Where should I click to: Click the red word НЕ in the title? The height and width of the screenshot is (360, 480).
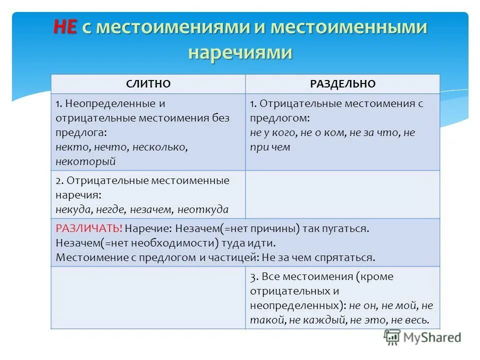point(64,27)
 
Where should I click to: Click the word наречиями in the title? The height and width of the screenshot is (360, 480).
point(239,52)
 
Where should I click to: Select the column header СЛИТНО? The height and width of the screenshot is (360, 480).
point(148,84)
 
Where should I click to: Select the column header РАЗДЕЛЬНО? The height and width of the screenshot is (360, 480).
point(342,84)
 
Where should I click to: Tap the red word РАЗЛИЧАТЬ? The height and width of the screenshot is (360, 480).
point(89,228)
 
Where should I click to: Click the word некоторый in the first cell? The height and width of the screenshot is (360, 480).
point(85,161)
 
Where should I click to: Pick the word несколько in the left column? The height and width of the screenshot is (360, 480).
point(161,147)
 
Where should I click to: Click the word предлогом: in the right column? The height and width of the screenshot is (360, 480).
point(279,118)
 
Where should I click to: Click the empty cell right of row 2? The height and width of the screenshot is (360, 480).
point(342,194)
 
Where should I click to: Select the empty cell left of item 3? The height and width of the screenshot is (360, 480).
point(148,297)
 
